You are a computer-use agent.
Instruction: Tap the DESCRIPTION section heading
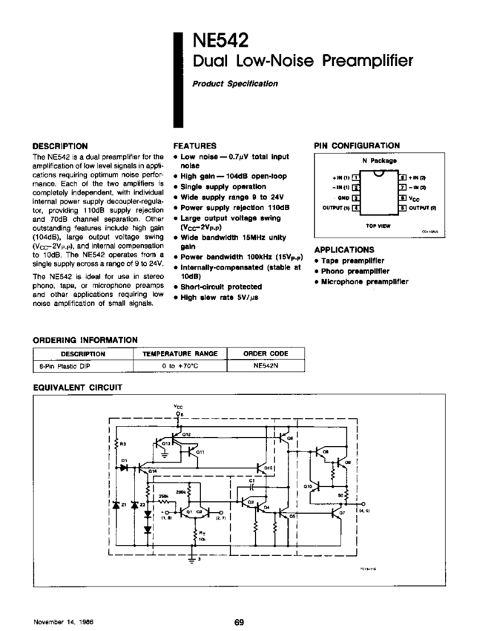click(x=61, y=146)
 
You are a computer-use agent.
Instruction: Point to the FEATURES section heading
click(x=194, y=146)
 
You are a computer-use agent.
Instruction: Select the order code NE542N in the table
click(x=265, y=366)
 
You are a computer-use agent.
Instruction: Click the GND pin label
click(x=344, y=198)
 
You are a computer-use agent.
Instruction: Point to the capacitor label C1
click(x=252, y=482)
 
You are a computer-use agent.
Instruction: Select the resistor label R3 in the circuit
click(x=123, y=445)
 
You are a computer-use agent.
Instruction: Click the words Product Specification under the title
click(x=234, y=83)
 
